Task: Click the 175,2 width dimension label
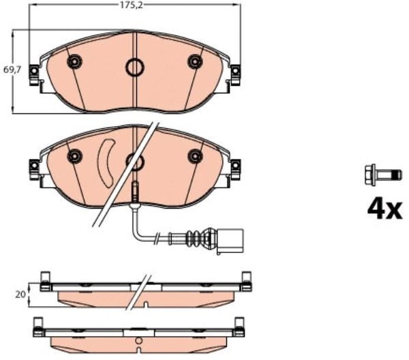[132, 5]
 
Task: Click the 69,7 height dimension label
[12, 70]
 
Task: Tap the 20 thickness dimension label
[20, 295]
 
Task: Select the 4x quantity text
[385, 210]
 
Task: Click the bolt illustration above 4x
[382, 175]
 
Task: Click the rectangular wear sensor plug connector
[230, 241]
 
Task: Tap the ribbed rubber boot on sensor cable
[199, 238]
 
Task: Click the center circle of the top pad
[135, 67]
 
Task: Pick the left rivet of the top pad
[74, 62]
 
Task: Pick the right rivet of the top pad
[195, 61]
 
